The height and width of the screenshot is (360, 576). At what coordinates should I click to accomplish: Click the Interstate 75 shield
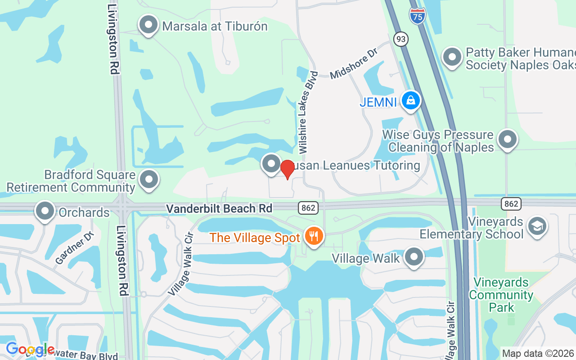point(418,16)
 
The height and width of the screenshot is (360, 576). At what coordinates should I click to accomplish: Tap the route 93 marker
point(400,39)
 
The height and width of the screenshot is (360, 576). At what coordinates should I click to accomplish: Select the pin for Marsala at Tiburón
point(148,25)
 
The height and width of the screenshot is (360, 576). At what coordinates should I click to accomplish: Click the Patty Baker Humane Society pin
point(452,58)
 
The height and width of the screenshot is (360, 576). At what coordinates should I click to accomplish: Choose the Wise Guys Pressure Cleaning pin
point(507,139)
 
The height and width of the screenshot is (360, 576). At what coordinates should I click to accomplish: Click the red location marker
point(287,169)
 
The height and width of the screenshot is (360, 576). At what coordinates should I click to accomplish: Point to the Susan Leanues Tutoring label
point(355,165)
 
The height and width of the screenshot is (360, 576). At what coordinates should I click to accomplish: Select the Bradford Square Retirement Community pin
point(148,180)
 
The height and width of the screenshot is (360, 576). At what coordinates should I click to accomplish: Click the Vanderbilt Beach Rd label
point(219,208)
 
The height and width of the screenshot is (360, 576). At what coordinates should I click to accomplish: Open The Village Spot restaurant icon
point(314,236)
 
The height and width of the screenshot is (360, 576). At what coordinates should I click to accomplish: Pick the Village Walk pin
point(414,257)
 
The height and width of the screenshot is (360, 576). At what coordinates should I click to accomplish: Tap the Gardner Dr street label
point(75,247)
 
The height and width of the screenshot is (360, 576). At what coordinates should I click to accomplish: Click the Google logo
point(30,349)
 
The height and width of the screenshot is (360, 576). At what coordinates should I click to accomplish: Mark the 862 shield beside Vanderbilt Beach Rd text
point(308,208)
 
